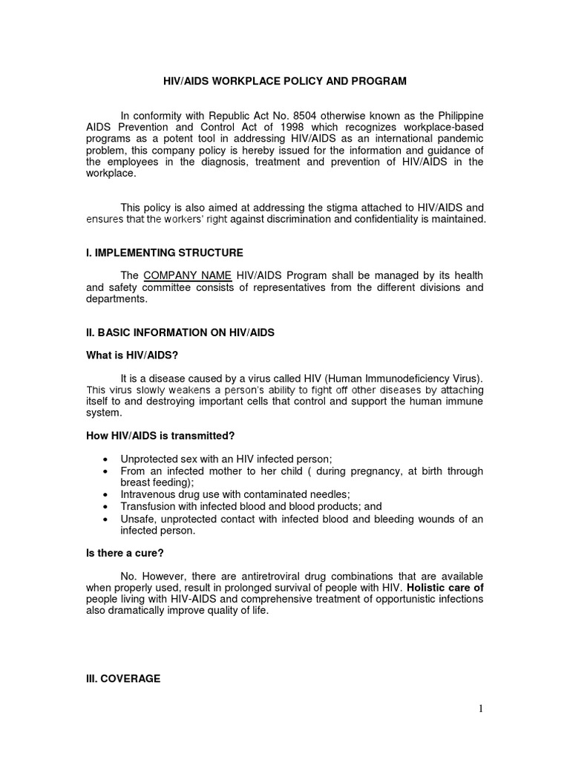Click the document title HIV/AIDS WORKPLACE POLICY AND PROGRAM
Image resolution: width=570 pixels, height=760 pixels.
tap(285, 81)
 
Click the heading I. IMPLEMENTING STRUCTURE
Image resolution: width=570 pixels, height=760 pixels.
tap(164, 253)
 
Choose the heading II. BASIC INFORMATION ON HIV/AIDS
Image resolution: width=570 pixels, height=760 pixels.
tap(180, 332)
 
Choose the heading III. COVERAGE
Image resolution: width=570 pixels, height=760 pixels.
tap(123, 678)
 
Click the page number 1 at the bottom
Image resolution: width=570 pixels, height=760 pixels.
tap(480, 709)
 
